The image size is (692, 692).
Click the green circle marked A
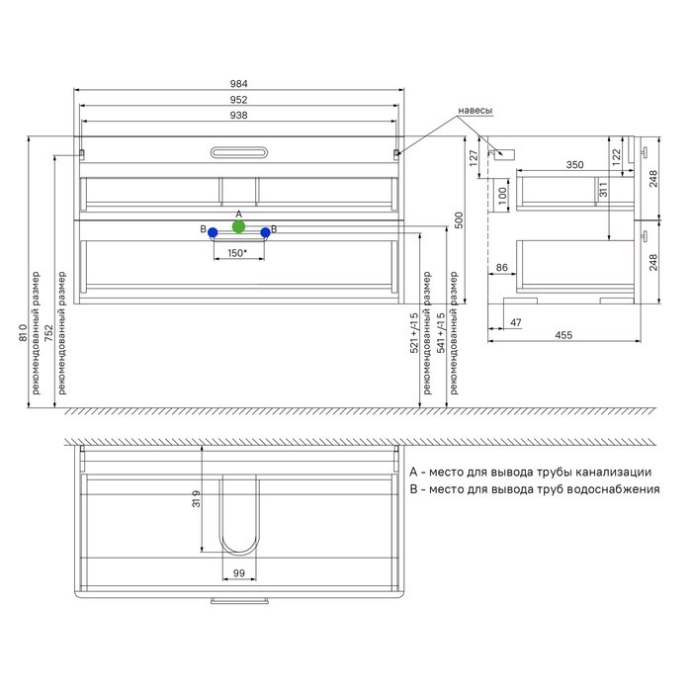239,226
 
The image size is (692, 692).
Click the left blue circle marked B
213,232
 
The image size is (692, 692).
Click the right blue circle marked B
265,232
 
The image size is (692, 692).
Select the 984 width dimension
239,83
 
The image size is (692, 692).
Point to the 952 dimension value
239,100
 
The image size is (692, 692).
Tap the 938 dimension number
239,116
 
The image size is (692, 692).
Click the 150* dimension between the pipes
237,253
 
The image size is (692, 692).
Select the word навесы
475,111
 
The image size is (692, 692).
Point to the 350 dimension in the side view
574,165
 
